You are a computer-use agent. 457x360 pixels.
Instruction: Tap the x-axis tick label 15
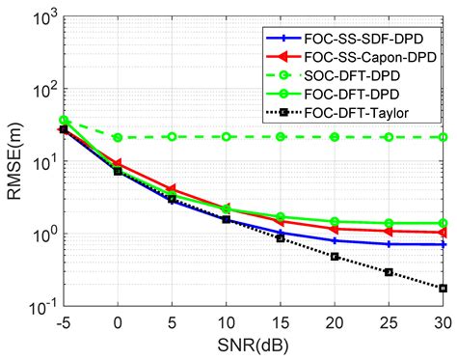281,323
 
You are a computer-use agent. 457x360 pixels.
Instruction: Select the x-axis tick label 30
444,323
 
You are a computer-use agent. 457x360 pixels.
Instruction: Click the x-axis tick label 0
118,323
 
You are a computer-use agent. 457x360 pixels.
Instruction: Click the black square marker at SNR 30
444,289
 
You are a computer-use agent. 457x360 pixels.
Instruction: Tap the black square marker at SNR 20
335,257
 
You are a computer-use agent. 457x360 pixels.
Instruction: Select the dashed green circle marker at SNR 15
281,137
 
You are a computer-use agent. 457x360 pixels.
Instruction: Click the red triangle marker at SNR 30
444,233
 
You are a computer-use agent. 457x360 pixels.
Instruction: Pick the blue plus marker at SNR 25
389,244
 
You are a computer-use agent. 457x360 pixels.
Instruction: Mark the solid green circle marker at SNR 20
335,222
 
